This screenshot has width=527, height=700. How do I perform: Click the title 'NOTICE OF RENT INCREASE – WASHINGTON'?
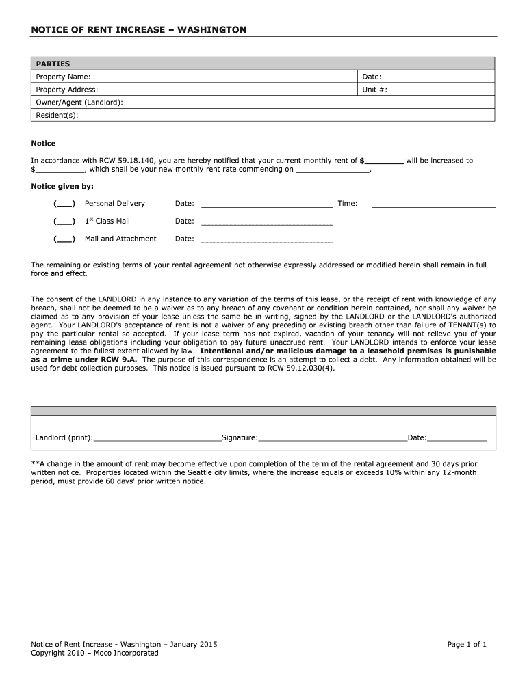(138, 30)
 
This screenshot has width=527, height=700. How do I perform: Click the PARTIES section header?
(53, 64)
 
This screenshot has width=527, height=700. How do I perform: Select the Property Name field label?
(63, 77)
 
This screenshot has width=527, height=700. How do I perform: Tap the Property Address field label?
(67, 90)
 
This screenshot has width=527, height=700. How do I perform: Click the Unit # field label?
(375, 90)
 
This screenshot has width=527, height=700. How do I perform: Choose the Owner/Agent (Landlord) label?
(79, 102)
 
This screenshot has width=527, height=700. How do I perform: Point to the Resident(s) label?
(57, 115)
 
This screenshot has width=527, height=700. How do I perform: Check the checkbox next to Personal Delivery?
(64, 204)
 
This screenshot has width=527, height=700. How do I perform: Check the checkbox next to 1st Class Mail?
(64, 221)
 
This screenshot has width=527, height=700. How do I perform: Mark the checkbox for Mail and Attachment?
(64, 239)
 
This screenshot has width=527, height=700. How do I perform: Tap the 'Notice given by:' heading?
(63, 186)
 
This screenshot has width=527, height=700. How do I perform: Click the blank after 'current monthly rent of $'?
(384, 162)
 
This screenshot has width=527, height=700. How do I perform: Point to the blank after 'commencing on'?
(332, 170)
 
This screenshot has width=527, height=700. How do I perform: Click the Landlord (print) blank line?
(157, 439)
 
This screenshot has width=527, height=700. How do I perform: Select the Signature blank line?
(333, 439)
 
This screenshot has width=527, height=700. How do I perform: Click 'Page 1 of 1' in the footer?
(467, 644)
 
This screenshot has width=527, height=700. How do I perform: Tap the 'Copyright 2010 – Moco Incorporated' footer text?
(94, 653)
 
